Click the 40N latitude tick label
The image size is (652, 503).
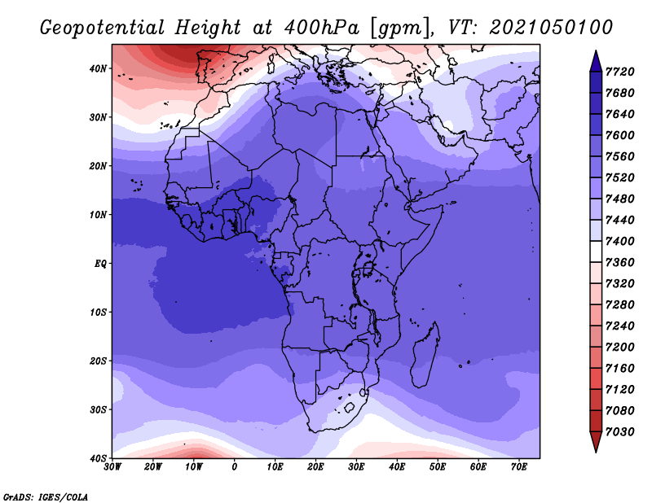98,68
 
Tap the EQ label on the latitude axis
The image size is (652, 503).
100,264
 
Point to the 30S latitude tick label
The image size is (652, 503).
98,409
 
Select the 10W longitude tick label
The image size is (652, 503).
194,466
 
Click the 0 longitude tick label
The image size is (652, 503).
235,466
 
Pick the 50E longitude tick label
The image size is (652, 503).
438,466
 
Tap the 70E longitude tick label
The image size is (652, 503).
519,466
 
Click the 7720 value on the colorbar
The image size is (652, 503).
619,72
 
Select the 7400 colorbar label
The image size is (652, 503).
619,241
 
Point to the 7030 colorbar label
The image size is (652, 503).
619,431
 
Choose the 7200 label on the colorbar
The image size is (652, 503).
619,347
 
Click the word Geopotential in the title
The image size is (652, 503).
103,28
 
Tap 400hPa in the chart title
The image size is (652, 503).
321,28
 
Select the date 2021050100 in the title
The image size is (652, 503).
551,27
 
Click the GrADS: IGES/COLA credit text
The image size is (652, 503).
46,496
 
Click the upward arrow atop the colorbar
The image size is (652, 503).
596,61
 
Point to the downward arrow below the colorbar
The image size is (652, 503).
596,442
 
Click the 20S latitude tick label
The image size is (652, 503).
98,361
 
